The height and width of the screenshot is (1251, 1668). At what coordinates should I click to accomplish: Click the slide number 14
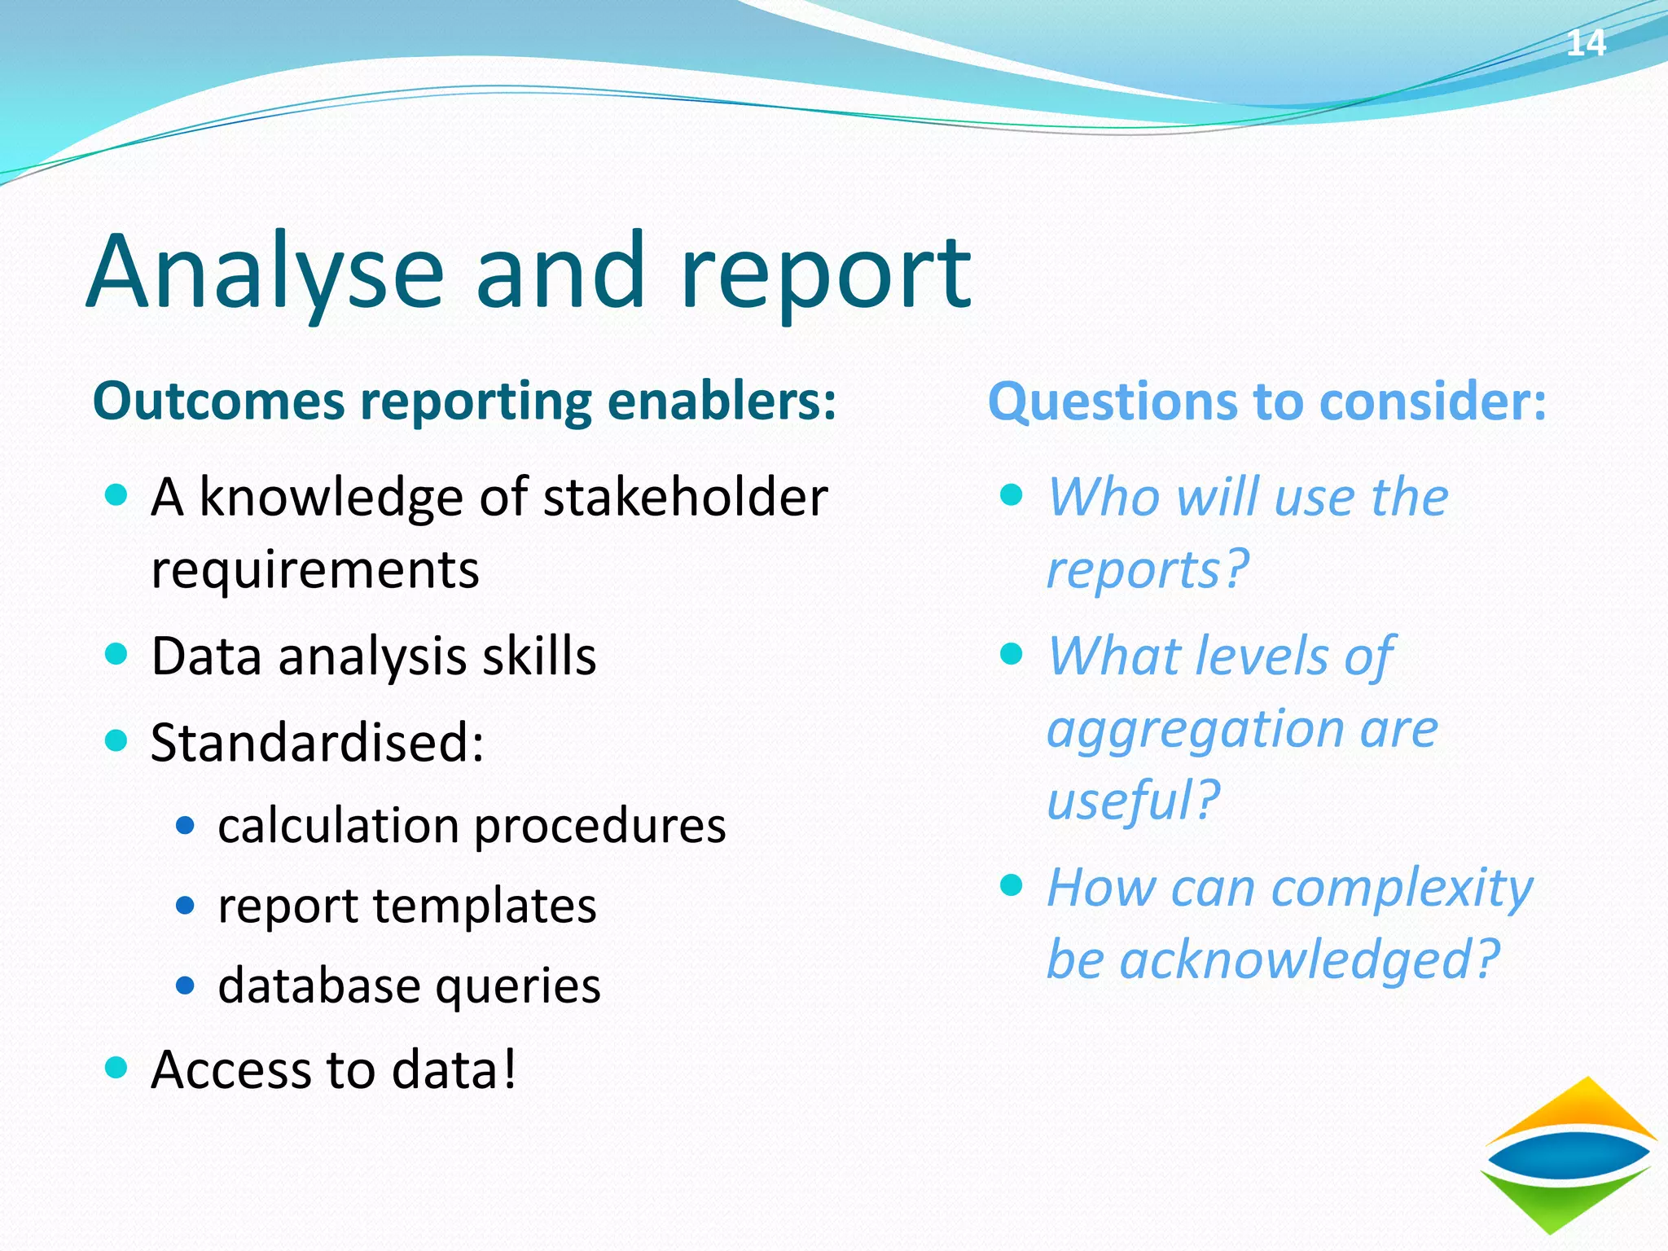click(1585, 43)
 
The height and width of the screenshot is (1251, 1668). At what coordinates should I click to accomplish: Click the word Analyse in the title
click(265, 273)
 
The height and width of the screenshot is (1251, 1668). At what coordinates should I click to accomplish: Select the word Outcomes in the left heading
click(218, 402)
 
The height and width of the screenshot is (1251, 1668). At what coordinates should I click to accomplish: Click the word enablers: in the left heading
click(722, 402)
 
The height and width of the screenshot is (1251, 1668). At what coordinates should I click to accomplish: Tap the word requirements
click(315, 570)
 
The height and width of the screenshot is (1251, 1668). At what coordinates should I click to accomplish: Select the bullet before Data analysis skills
click(117, 654)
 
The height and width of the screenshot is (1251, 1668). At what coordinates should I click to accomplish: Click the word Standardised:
click(318, 743)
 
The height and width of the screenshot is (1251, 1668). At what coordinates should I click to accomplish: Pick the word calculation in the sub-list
click(339, 827)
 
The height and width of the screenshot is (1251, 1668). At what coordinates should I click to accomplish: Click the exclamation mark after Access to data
click(509, 1069)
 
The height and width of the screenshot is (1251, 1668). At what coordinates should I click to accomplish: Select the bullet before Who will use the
click(1011, 494)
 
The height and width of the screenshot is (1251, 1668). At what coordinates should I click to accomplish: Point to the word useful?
click(1133, 801)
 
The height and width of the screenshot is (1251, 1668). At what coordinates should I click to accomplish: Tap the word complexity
click(1402, 889)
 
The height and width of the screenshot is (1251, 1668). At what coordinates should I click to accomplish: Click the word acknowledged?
click(1309, 960)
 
